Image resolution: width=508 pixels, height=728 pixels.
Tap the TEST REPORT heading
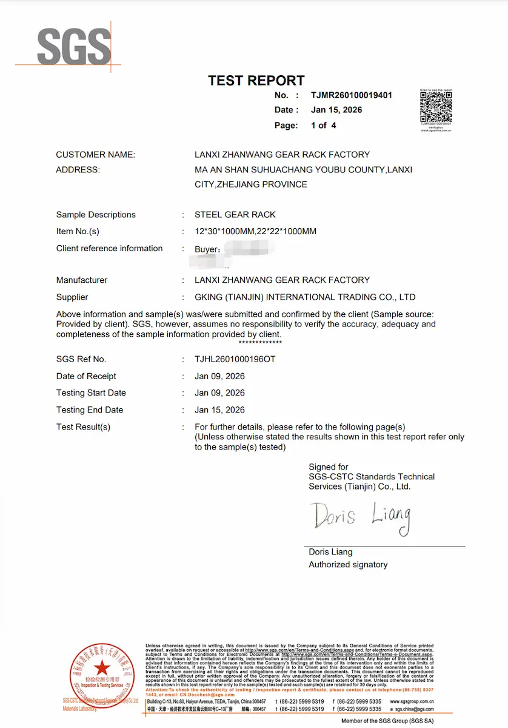pyautogui.click(x=256, y=81)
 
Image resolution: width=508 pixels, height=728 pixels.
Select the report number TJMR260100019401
pyautogui.click(x=352, y=95)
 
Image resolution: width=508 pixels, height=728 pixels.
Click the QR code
pyautogui.click(x=436, y=107)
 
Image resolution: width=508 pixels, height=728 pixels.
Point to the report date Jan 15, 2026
pyautogui.click(x=336, y=110)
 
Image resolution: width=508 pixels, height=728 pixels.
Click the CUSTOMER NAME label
pyautogui.click(x=95, y=155)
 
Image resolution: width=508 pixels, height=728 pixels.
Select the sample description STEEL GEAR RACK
pyautogui.click(x=235, y=215)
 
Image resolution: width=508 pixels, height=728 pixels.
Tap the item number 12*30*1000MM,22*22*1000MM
pyautogui.click(x=255, y=231)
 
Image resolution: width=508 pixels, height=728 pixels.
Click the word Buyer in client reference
pyautogui.click(x=206, y=249)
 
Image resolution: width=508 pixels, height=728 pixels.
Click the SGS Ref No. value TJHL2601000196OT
pyautogui.click(x=235, y=359)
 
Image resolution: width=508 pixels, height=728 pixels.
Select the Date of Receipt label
pyautogui.click(x=86, y=376)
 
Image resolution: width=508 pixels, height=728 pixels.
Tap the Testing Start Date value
pyautogui.click(x=219, y=393)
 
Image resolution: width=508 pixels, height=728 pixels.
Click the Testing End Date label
pyautogui.click(x=90, y=410)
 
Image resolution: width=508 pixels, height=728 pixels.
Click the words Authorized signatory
pyautogui.click(x=348, y=565)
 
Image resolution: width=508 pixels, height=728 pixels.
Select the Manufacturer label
pyautogui.click(x=82, y=280)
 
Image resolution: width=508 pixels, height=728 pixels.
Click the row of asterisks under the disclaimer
pyautogui.click(x=260, y=343)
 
